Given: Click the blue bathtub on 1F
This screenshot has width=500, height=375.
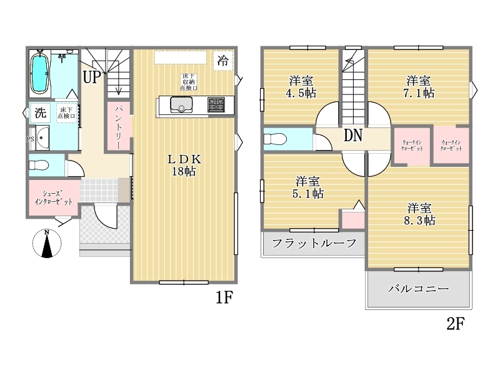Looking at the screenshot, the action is click(40, 74).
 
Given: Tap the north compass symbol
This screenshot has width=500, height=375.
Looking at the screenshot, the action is click(47, 243).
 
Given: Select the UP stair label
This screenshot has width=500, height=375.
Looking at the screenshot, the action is click(92, 77).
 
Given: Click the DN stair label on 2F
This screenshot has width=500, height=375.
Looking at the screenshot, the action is click(353, 135).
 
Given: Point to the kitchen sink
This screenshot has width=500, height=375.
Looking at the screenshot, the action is click(181, 104).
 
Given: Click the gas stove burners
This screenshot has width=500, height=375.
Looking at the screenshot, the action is click(216, 104).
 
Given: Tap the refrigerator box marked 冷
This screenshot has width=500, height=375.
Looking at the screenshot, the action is click(223, 60).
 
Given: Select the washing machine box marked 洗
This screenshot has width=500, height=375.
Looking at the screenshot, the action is click(40, 112).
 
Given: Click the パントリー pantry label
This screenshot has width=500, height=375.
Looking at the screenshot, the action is click(118, 127).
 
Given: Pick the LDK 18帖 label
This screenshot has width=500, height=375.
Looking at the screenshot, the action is click(184, 165).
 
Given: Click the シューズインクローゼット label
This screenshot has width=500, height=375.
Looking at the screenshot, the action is click(53, 197).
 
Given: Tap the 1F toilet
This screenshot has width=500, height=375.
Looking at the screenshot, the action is click(39, 165).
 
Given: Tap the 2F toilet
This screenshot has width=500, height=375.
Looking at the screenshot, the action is click(275, 139).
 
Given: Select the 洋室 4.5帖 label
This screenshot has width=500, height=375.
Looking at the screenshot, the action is click(301, 87).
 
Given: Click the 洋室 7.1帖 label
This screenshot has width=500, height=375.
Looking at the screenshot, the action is click(419, 87).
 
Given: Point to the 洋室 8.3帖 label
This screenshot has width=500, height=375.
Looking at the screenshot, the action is click(419, 214).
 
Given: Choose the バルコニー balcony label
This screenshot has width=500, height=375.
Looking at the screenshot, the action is click(418, 289).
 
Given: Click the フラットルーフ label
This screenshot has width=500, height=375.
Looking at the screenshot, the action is click(314, 243).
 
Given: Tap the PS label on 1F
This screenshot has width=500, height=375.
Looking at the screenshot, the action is click(30, 139).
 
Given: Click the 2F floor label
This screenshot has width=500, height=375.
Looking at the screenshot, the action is click(456, 323).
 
